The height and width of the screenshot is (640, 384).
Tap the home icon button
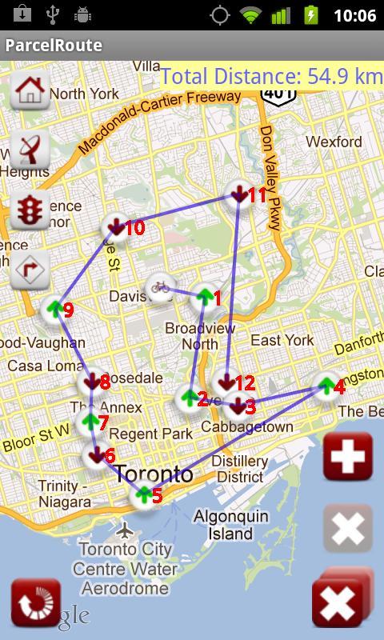point(30,89)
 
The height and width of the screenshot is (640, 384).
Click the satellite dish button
point(30,149)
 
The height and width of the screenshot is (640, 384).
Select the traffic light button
point(30,210)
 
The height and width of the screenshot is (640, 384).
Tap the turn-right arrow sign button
point(30,270)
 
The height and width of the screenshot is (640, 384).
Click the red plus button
point(348,457)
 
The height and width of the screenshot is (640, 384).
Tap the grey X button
point(348,529)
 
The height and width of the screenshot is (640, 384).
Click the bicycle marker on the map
point(159,288)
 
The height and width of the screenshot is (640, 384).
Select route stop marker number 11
point(239,194)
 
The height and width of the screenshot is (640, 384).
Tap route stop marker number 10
point(116,228)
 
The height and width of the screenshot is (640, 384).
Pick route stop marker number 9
point(54,309)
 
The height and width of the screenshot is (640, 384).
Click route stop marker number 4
point(326,386)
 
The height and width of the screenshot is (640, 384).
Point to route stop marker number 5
point(144,495)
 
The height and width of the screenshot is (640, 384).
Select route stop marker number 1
point(205,298)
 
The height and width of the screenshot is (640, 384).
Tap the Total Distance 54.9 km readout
point(271,76)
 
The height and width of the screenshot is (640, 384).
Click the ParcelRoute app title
point(54,45)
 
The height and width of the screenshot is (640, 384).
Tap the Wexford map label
point(334,142)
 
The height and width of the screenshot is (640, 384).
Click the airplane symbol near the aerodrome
point(123,530)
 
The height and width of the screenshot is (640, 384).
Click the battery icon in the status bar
point(311,15)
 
